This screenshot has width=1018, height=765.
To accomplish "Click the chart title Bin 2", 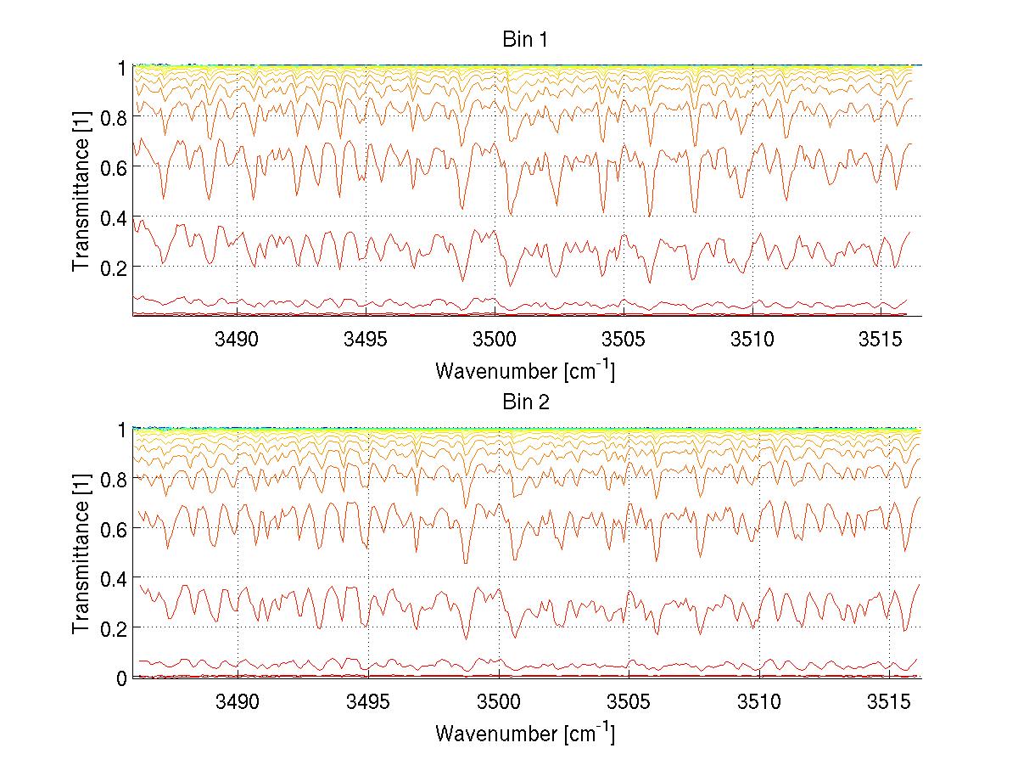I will [x=526, y=402].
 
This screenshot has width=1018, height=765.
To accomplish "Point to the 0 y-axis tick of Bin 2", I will [x=121, y=678].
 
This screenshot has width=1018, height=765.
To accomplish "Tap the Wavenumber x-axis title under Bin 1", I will [x=525, y=370].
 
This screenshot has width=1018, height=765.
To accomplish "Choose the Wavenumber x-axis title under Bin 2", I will [x=525, y=733].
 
